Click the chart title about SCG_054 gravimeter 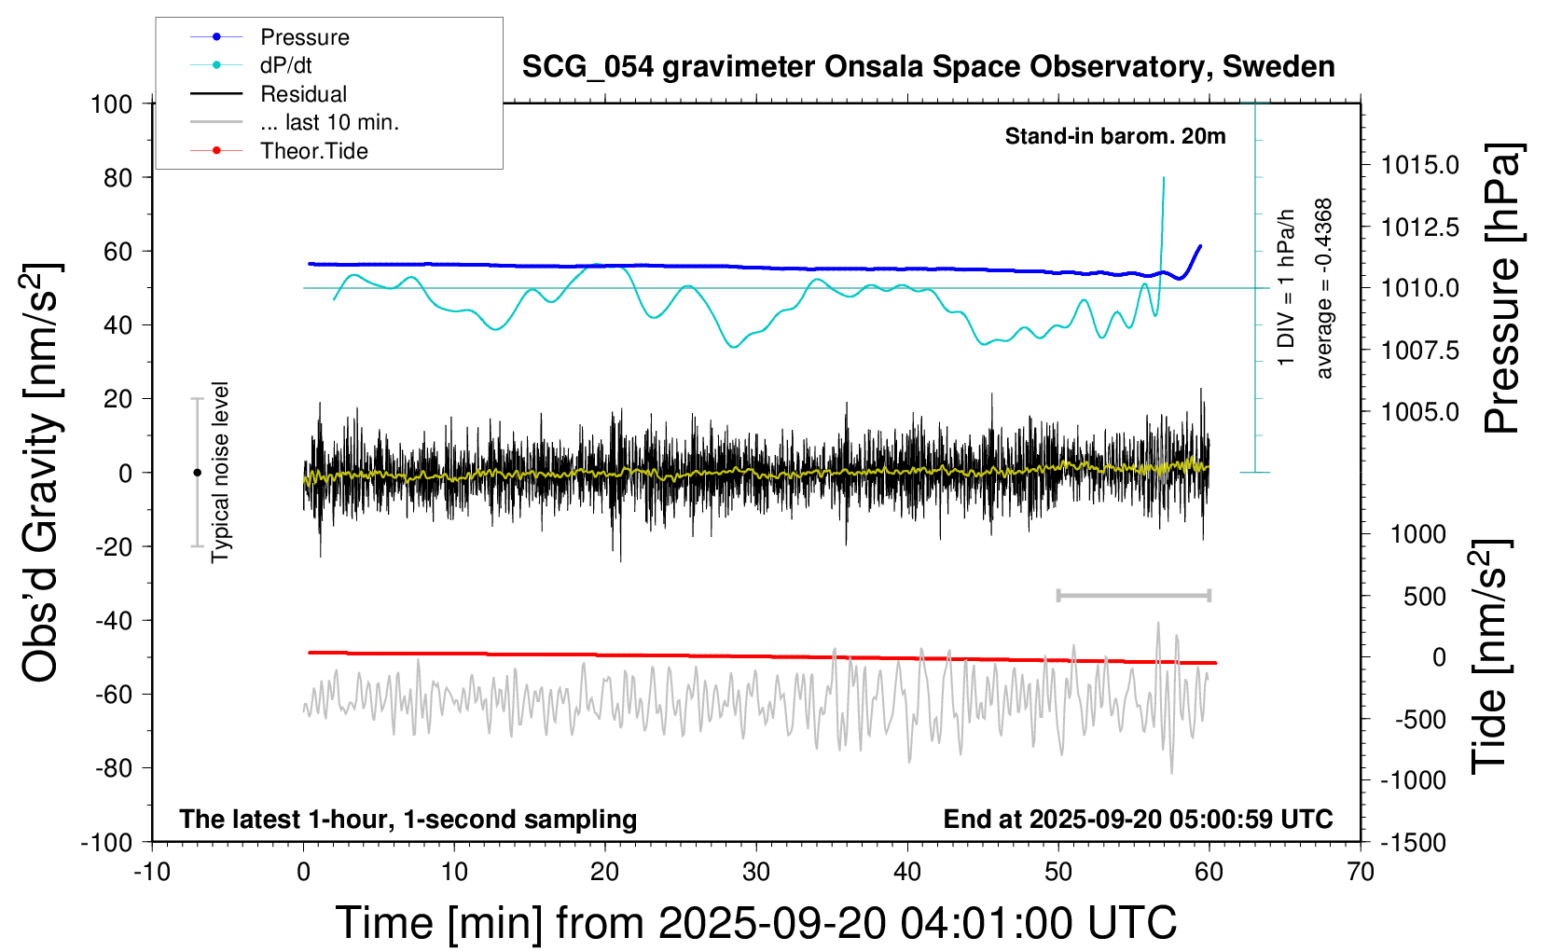coord(928,67)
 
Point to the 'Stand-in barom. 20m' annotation coord(1114,137)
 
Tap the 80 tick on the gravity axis coord(117,177)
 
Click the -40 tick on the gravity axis coord(114,620)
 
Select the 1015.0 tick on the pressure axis coord(1419,165)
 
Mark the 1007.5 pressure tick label coord(1419,351)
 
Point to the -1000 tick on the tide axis coord(1413,780)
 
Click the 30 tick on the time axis coord(756,873)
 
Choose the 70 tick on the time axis coord(1361,873)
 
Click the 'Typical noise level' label coord(220,472)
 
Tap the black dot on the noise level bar coord(197,473)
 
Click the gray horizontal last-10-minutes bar coord(1133,595)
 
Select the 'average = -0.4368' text coord(1324,288)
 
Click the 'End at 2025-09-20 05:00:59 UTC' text coord(1138,820)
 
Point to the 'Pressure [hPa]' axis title coord(1502,288)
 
